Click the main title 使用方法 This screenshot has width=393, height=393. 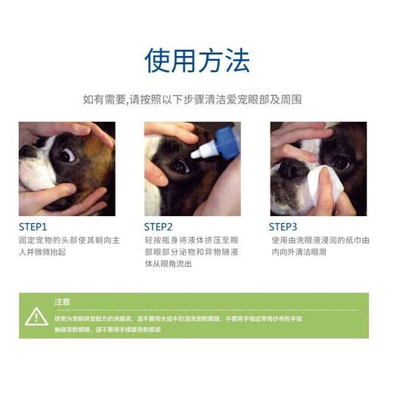coord(196,60)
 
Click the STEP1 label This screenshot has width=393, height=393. coord(33,226)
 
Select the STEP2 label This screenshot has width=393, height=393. coord(159,226)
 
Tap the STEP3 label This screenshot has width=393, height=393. coord(283,226)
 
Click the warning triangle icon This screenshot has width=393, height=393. coord(36,317)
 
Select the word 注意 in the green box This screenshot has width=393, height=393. coord(63,302)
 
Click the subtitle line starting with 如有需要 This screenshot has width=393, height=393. coord(196,99)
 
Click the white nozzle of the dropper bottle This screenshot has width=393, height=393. coord(199,151)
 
